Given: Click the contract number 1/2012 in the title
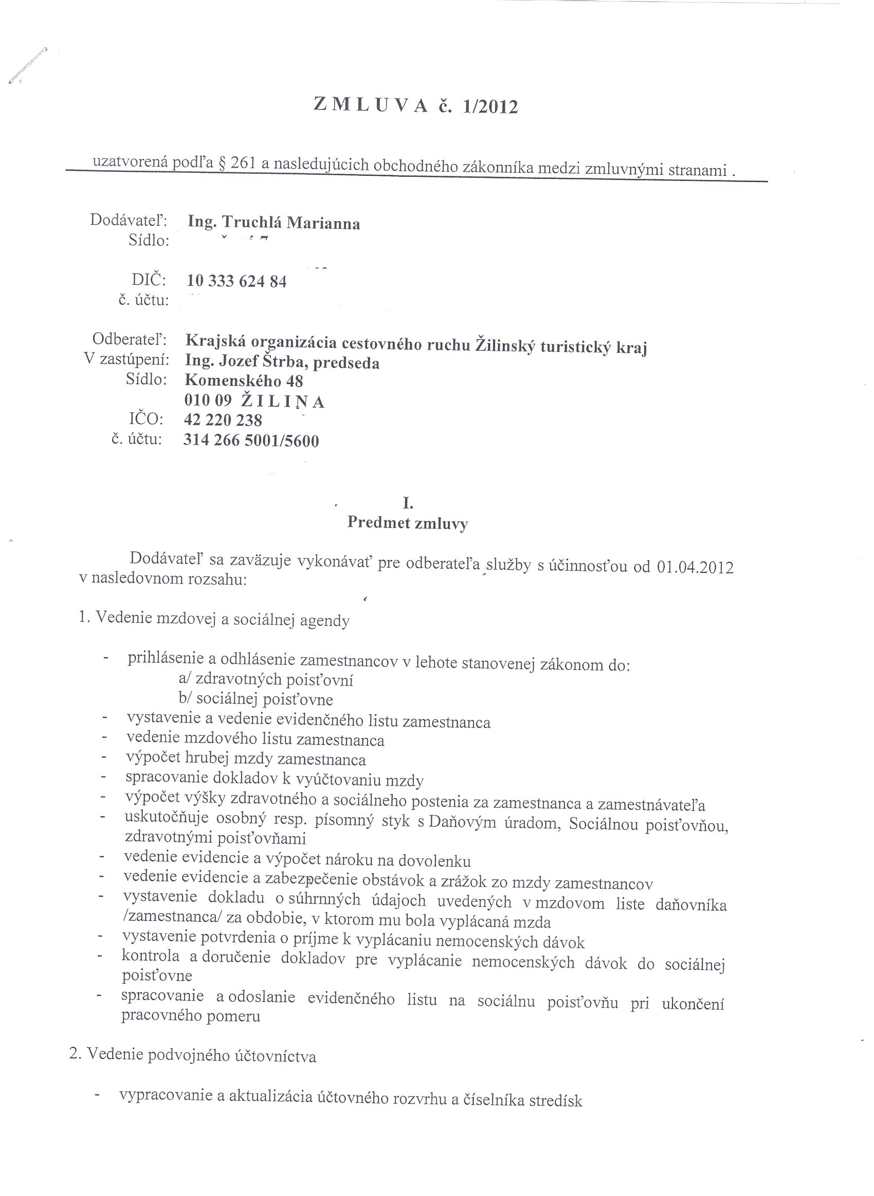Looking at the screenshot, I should click(x=490, y=107).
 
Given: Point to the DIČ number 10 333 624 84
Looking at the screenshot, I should click(x=236, y=281).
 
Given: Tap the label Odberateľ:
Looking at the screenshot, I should click(x=130, y=338).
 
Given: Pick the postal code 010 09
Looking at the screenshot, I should click(x=208, y=401).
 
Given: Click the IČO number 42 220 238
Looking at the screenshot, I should click(x=223, y=420).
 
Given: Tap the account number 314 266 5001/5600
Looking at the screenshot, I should click(x=251, y=440).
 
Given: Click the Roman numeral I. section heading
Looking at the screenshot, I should click(x=407, y=503).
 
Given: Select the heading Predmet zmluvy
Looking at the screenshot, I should click(x=407, y=523).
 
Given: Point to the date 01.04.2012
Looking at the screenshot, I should click(x=695, y=567).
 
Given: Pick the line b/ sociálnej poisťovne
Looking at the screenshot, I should click(x=256, y=699).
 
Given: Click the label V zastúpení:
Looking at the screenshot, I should click(x=126, y=359).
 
